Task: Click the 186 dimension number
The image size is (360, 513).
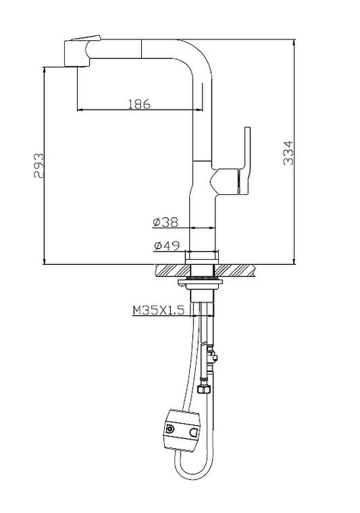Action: point(139,104)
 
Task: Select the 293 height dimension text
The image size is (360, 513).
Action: point(40,165)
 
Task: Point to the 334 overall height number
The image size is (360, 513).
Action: point(287,153)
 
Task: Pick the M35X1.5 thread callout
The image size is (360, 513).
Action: point(159,311)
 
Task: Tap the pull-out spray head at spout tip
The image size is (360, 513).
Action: point(79,53)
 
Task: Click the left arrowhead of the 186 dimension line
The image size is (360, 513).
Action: point(78,109)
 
